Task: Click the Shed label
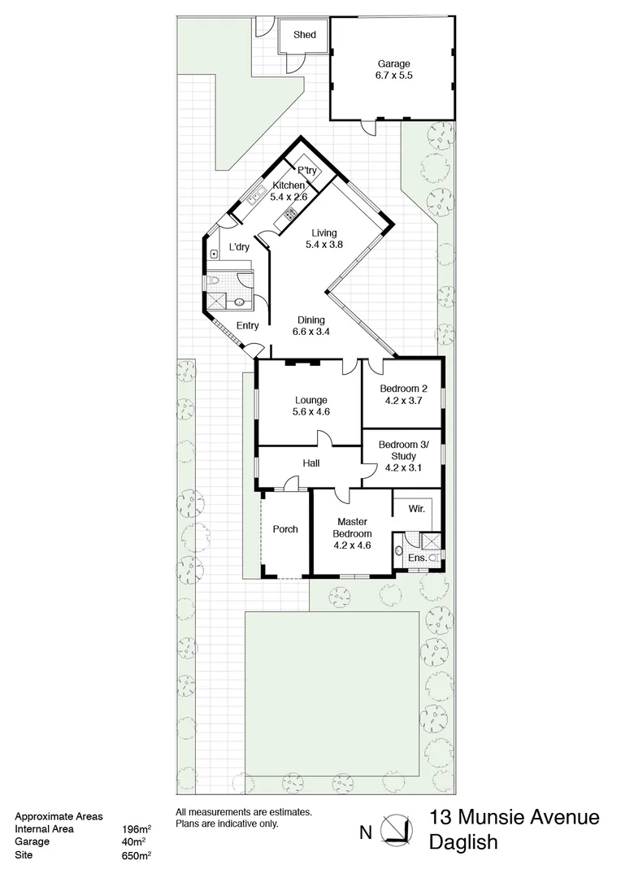pos(305,35)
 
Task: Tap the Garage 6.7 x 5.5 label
pos(393,70)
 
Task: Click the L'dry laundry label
pos(239,247)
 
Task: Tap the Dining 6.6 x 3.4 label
pos(310,325)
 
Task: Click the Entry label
pos(247,326)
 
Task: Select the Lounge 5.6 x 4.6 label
pos(310,406)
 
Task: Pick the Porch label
pos(284,529)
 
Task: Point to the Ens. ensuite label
pos(416,558)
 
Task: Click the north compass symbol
pos(397,829)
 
